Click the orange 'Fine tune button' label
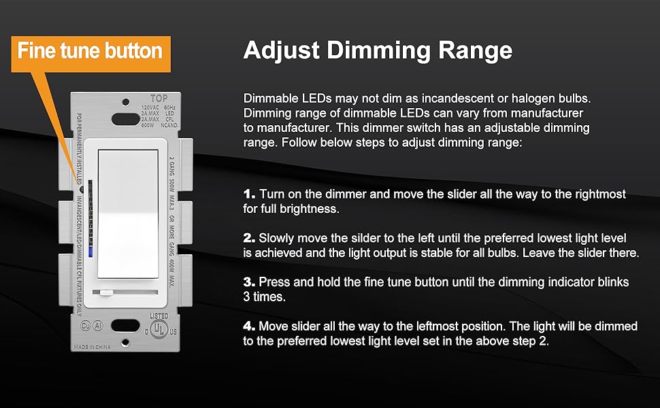point(90,50)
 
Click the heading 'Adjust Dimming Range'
point(378,50)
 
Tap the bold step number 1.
point(249,194)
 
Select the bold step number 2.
point(250,239)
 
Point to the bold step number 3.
point(250,282)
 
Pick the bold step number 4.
point(250,326)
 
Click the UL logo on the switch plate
point(158,330)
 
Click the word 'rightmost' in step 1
point(598,194)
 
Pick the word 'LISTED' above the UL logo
point(158,316)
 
